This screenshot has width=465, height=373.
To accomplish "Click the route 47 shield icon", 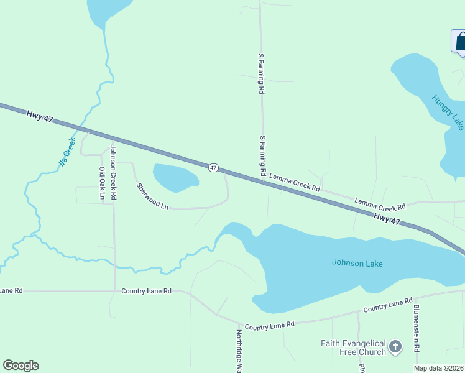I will [x=213, y=168].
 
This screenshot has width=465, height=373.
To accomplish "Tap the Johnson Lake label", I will [x=357, y=263].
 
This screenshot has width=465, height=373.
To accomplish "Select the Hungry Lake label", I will [x=448, y=112].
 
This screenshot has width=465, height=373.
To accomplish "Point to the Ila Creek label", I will [x=67, y=152].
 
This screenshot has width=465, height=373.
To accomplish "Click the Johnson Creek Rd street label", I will [x=113, y=172].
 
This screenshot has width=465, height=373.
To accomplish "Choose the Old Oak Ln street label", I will [x=103, y=184].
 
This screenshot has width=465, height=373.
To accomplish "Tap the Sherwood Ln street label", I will [x=153, y=196].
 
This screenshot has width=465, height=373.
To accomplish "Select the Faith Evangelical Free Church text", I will [x=353, y=348].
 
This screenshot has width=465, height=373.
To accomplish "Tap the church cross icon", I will [x=395, y=346].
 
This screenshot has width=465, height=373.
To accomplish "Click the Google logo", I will [x=21, y=366].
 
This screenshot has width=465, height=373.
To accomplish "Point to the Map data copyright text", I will [x=438, y=368].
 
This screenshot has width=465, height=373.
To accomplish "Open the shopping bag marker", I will [x=459, y=42].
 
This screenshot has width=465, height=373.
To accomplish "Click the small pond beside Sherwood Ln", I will [x=174, y=178].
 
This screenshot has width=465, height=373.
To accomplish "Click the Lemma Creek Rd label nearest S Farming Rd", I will [x=294, y=183].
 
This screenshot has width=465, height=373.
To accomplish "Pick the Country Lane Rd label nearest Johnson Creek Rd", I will [x=146, y=291].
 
